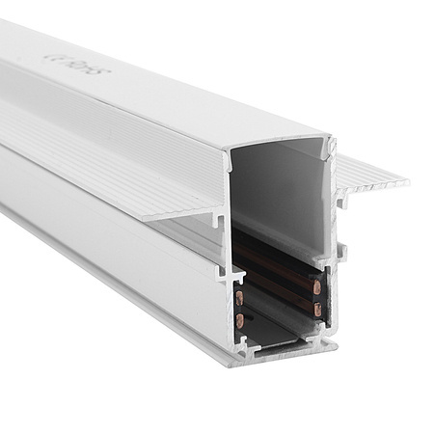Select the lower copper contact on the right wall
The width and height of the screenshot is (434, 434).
[x=316, y=309]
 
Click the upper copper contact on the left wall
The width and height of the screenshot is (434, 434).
[x=240, y=297]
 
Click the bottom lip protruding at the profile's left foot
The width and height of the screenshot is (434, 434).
[x=222, y=359]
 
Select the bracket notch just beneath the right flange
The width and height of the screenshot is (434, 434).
[x=341, y=203]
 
